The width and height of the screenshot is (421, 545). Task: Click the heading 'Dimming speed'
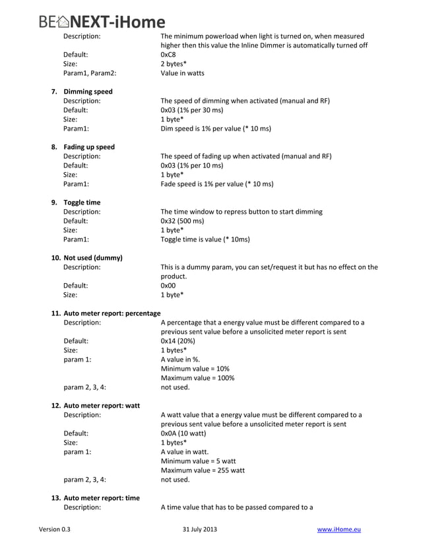[88, 92]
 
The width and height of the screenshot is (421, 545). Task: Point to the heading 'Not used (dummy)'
[92, 257]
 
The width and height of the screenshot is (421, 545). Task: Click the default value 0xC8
[168, 55]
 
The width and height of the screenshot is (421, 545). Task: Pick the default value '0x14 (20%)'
[178, 341]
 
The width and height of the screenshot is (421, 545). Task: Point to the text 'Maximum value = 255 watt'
[202, 470]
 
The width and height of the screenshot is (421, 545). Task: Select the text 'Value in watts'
[182, 73]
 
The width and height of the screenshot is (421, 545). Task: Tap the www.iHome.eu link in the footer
[339, 529]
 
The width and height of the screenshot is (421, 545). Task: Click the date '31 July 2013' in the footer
[199, 529]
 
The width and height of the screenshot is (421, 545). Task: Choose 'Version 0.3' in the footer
[55, 529]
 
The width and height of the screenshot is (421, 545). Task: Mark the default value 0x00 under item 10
[168, 286]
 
